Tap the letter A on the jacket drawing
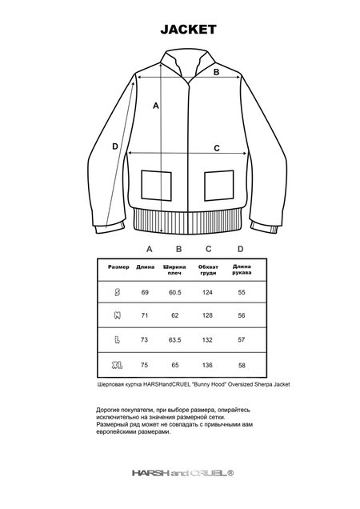pos(156,106)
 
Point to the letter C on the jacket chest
pos(216,149)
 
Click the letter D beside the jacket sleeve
pos(116,146)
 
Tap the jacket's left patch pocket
pos(156,186)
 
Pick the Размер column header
pos(118,267)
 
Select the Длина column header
pos(146,267)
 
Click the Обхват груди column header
pos(209,270)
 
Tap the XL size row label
pos(118,364)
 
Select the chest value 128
pos(209,317)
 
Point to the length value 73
pos(146,340)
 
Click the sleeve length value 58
pos(241,364)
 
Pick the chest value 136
pos(209,364)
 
